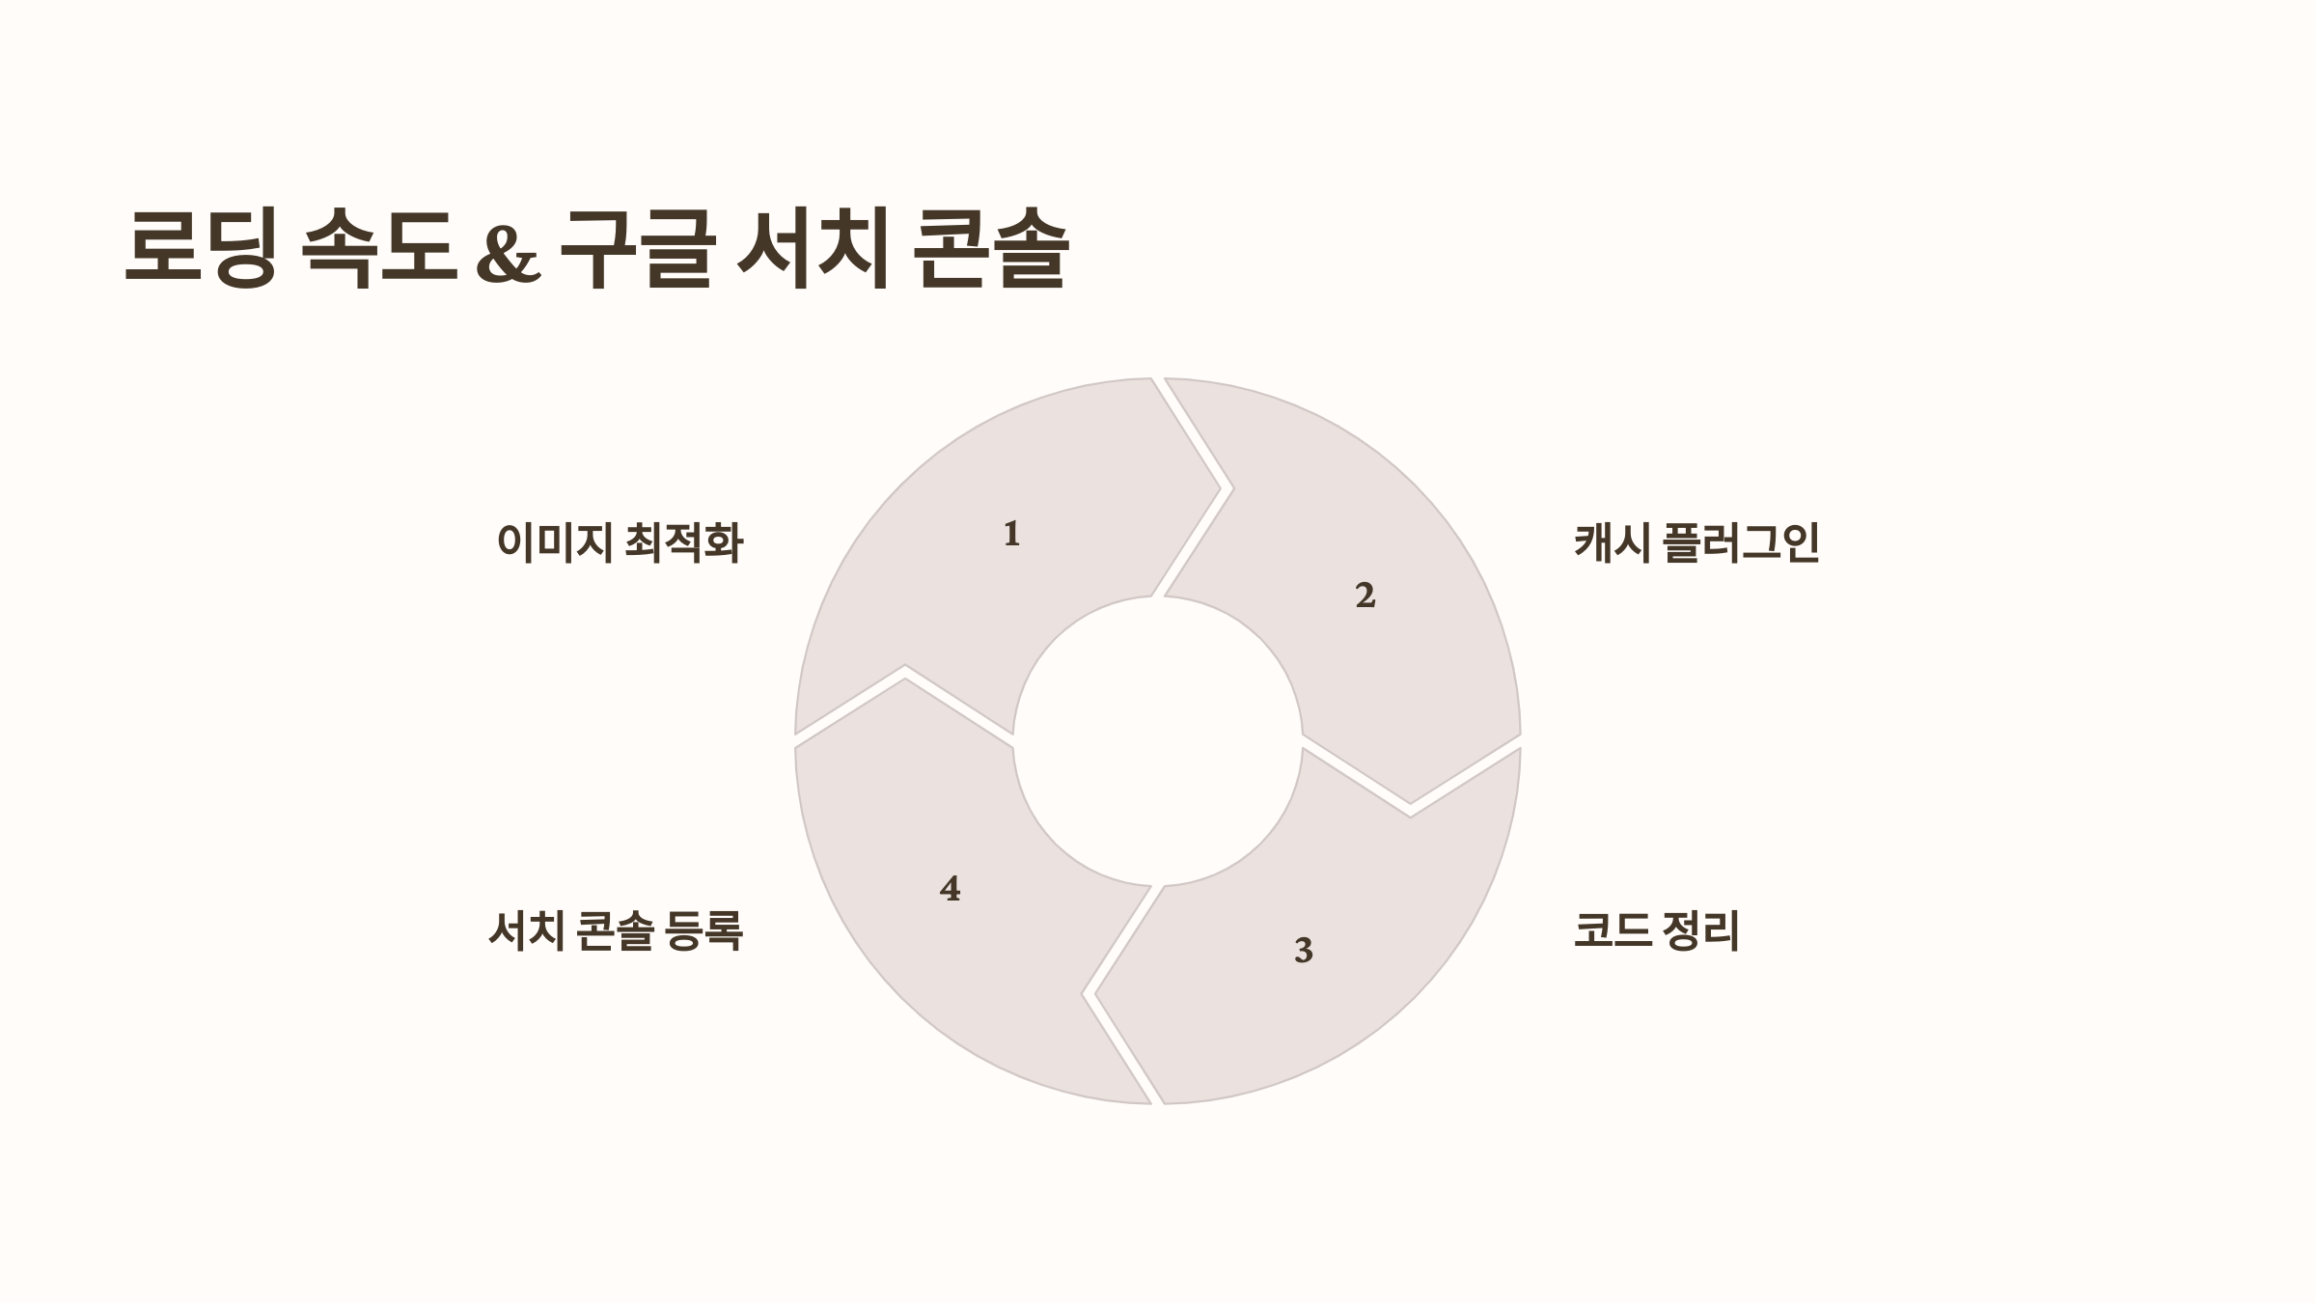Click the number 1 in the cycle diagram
[1011, 534]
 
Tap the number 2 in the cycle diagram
[1365, 596]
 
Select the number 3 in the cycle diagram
[1303, 951]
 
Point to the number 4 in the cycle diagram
[950, 889]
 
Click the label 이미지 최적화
[620, 542]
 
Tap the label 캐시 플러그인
[1696, 542]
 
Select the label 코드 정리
[1656, 931]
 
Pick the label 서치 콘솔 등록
[616, 931]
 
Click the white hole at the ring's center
[1157, 740]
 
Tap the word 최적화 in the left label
[684, 542]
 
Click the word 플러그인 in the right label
[1741, 542]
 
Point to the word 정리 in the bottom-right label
[1700, 931]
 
